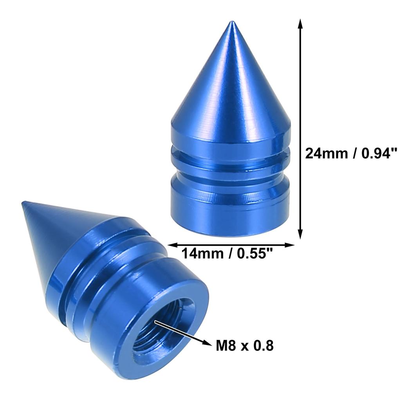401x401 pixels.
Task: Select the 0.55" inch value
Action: point(255,254)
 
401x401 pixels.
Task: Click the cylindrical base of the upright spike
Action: point(231,208)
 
